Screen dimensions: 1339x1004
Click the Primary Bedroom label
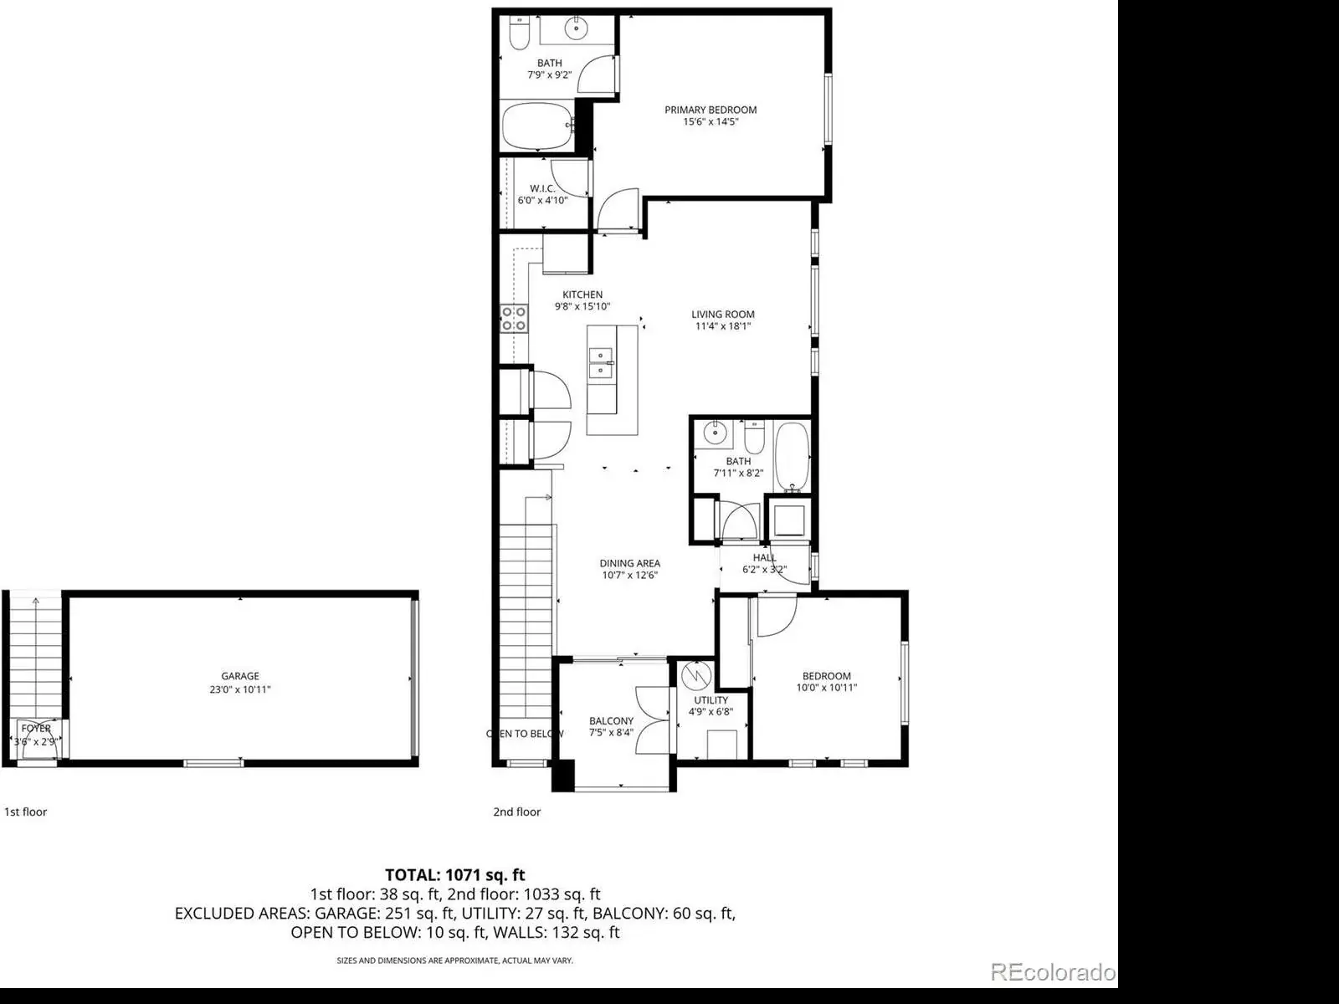(710, 110)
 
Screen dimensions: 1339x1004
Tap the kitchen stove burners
(514, 319)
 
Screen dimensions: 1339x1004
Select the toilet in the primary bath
(520, 33)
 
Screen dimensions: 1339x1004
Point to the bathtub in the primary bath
(536, 126)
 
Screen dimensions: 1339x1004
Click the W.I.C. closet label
(541, 188)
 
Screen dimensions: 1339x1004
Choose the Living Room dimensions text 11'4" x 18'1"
(723, 326)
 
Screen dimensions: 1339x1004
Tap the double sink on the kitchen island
(601, 363)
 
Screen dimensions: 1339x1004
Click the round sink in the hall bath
(715, 433)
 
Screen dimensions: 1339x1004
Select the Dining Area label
(629, 563)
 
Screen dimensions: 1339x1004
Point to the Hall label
(764, 557)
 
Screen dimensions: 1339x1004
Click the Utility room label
(711, 699)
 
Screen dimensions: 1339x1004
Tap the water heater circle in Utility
(696, 675)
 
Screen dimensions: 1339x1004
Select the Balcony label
(611, 721)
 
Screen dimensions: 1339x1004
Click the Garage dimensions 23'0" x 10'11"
(239, 689)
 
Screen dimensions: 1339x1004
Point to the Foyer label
(36, 729)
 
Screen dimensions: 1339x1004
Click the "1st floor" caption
(26, 812)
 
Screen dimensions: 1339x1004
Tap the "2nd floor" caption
(516, 812)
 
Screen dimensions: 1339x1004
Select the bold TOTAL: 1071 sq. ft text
(455, 875)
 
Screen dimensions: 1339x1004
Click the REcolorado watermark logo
(1052, 971)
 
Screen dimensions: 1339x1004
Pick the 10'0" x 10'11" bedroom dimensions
(827, 688)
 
